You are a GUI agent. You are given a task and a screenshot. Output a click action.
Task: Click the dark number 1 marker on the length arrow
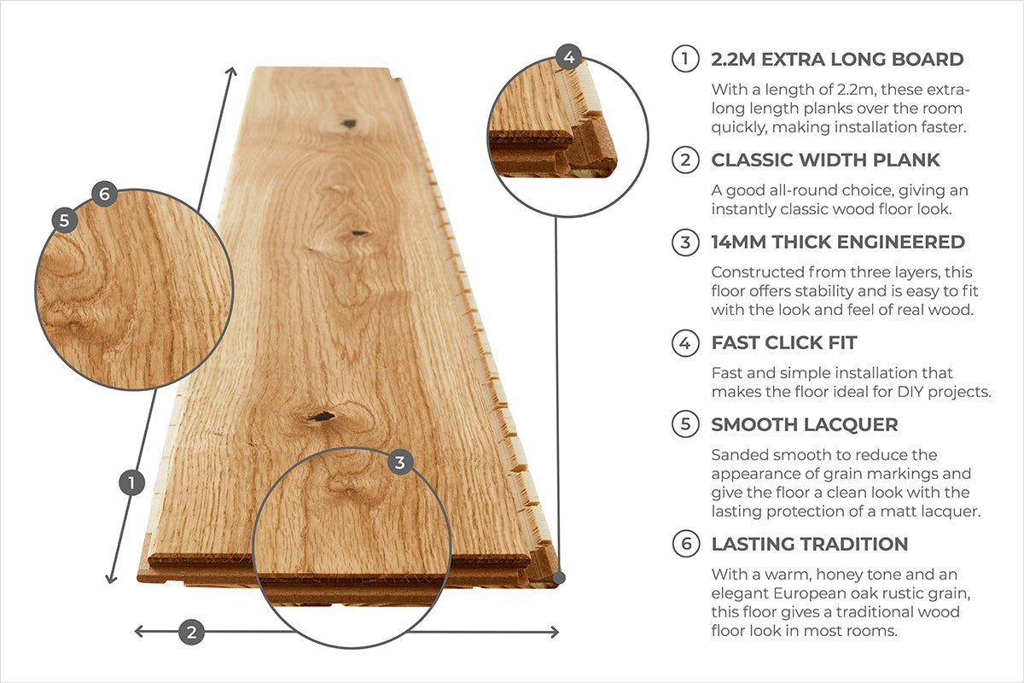click(131, 482)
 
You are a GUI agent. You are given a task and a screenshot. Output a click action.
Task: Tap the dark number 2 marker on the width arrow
click(191, 632)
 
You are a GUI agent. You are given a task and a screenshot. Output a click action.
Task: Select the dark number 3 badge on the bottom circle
click(400, 463)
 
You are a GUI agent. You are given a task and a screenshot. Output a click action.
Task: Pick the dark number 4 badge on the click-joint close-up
click(569, 58)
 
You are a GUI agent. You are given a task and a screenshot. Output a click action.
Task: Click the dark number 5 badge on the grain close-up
click(65, 220)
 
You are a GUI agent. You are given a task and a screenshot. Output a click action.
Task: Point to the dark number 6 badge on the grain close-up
click(104, 194)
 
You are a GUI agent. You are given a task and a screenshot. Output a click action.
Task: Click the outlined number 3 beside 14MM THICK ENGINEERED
click(685, 242)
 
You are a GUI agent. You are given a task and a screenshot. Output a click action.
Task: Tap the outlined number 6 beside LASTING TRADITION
click(685, 545)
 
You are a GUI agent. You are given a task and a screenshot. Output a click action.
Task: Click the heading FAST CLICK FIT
click(784, 343)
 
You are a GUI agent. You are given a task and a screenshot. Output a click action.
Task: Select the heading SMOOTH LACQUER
click(805, 424)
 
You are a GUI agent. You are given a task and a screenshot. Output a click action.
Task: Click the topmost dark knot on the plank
click(348, 125)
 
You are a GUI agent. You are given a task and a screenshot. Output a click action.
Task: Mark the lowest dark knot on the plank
click(321, 417)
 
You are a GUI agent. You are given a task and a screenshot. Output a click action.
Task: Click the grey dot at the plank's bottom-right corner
click(559, 578)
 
